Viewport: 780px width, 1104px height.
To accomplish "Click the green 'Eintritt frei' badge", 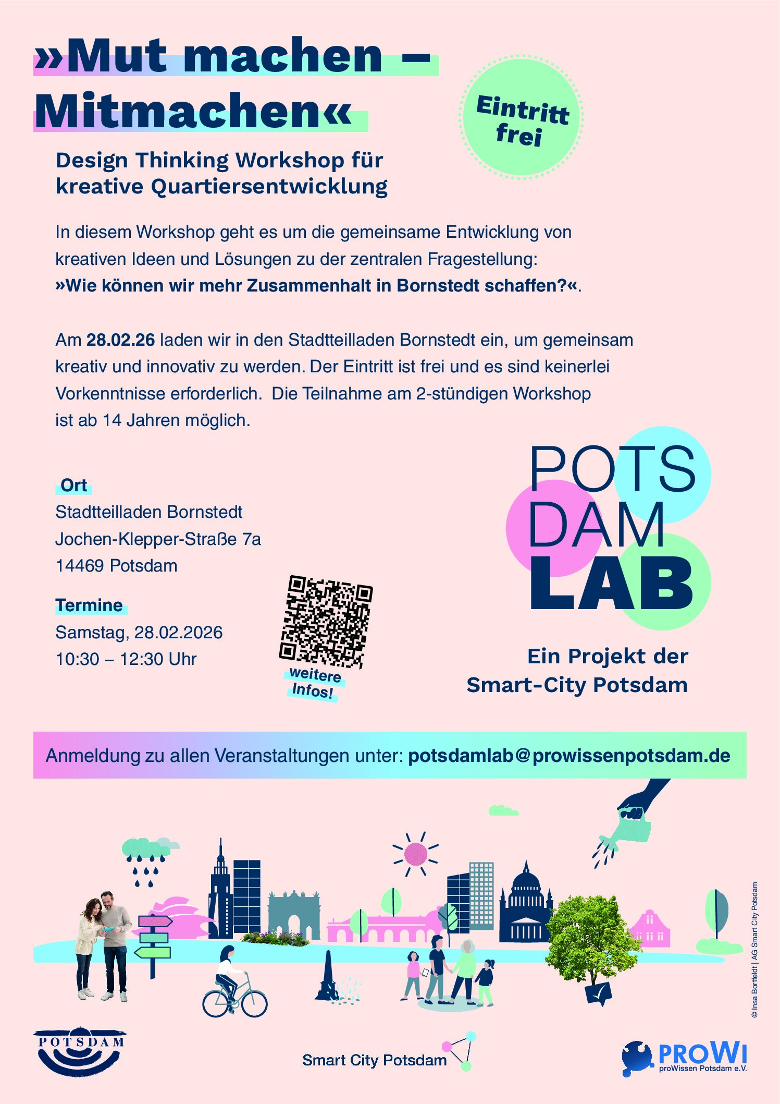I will pyautogui.click(x=521, y=118).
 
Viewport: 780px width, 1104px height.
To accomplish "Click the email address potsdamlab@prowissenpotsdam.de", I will pyautogui.click(x=569, y=756).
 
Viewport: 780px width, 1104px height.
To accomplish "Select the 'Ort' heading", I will pyautogui.click(x=73, y=486).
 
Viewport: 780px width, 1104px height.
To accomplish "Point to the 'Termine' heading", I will pyautogui.click(x=89, y=605).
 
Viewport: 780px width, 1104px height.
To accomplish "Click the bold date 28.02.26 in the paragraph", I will pyautogui.click(x=120, y=340).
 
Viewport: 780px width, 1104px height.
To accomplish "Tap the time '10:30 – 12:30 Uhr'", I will pyautogui.click(x=126, y=659).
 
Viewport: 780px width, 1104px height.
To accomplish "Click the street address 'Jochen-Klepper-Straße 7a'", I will pyautogui.click(x=158, y=539).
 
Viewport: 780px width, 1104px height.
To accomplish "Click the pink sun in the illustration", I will pyautogui.click(x=415, y=854).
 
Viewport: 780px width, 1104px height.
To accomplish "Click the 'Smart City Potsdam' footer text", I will pyautogui.click(x=374, y=1060).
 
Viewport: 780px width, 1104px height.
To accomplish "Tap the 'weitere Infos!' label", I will pyautogui.click(x=314, y=683).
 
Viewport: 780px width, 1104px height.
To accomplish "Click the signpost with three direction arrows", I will pyautogui.click(x=153, y=939).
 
